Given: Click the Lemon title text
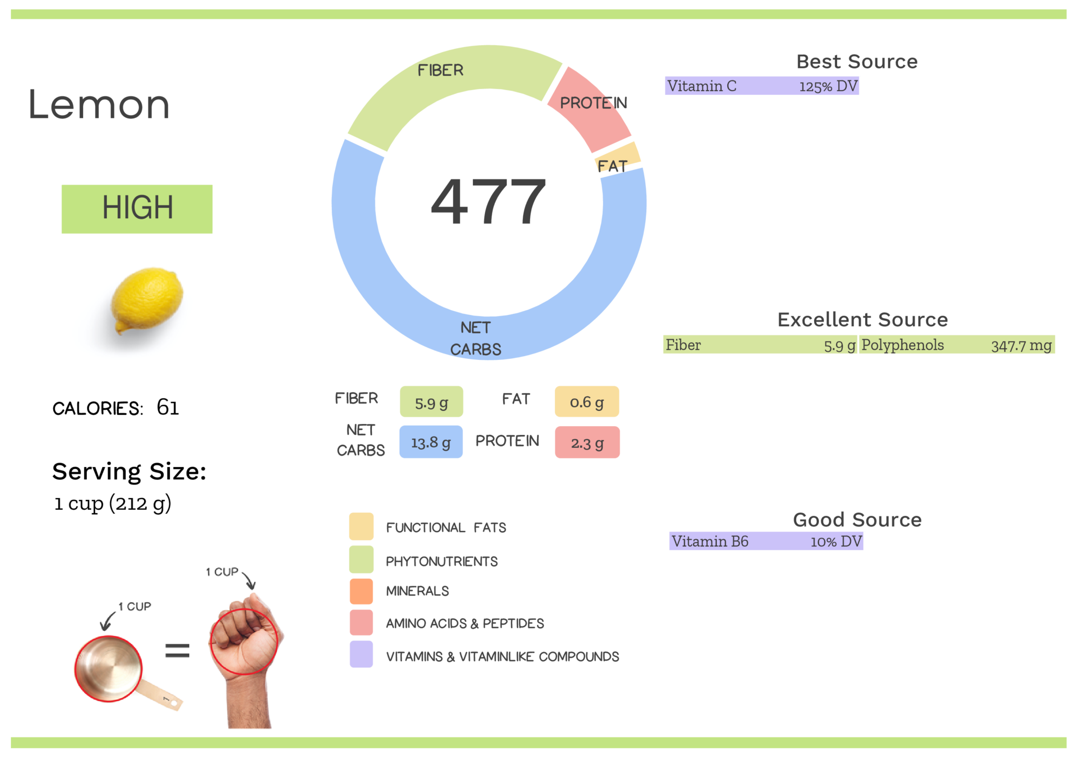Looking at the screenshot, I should point(99,105).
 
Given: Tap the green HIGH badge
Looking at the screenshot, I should point(137,209).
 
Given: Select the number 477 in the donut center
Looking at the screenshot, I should point(489,201).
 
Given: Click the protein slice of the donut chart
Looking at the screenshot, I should point(589,110).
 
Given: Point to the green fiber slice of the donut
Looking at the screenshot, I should point(452,79).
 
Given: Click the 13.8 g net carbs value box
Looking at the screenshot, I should point(431,442).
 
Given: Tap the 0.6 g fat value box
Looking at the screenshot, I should point(587,402).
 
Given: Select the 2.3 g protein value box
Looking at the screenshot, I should point(587,442).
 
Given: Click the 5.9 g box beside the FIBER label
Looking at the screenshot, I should point(431,402).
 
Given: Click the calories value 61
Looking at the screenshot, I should point(168,407).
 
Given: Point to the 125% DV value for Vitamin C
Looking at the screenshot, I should point(828,86).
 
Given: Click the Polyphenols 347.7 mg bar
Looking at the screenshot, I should point(957,345).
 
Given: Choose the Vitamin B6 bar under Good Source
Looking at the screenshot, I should point(766,541).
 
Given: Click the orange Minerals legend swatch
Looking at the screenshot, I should point(361,591).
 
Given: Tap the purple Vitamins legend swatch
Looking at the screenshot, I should point(361,654).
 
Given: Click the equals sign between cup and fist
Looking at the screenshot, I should point(177,651).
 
